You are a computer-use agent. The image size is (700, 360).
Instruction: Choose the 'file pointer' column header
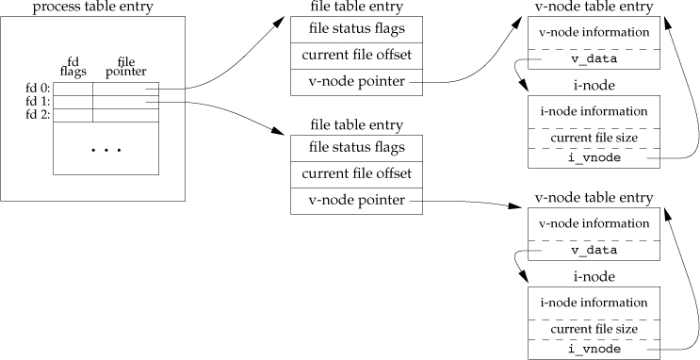coord(120,68)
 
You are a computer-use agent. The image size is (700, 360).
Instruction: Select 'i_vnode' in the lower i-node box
coord(593,349)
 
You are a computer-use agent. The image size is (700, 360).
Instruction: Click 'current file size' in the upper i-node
coord(593,138)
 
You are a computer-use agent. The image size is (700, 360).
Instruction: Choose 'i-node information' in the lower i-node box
coord(593,302)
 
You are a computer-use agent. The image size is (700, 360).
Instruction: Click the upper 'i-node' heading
coord(593,87)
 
